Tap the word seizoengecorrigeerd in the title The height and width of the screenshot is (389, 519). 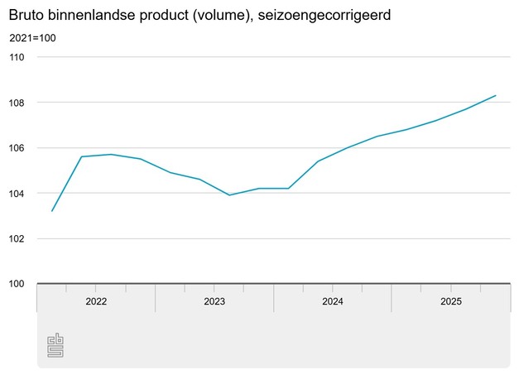point(319,15)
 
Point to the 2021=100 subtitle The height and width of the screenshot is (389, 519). point(33,38)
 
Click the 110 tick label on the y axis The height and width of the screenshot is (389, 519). point(17,57)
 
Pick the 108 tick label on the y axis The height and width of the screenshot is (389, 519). point(17,103)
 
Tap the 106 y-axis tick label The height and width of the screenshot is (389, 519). point(17,148)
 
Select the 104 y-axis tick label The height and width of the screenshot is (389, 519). point(17,194)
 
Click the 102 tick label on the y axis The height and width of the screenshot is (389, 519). point(17,239)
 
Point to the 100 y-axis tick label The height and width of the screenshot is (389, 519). point(17,284)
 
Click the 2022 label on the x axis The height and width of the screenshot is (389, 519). point(96,302)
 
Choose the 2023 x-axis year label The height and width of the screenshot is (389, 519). point(214,302)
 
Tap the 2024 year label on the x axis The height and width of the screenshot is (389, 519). point(333,302)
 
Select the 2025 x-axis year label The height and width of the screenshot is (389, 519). point(450,302)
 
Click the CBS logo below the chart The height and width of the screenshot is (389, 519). point(55,345)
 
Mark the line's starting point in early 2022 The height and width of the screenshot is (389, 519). point(52,211)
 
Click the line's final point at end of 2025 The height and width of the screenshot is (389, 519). point(495,95)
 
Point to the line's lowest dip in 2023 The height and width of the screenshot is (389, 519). point(229,195)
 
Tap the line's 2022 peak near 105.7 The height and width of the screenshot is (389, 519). point(111,154)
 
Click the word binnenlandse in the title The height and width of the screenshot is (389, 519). point(91,15)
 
